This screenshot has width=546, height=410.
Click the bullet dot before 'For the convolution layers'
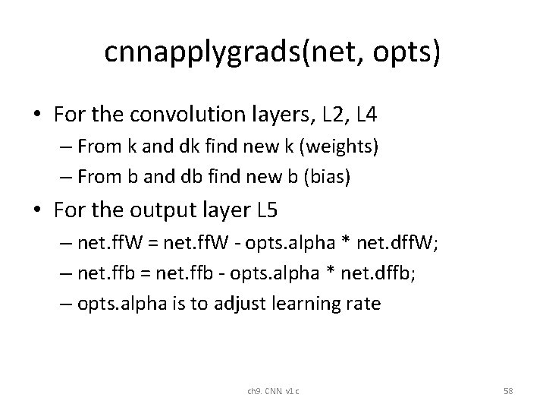click(38, 115)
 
